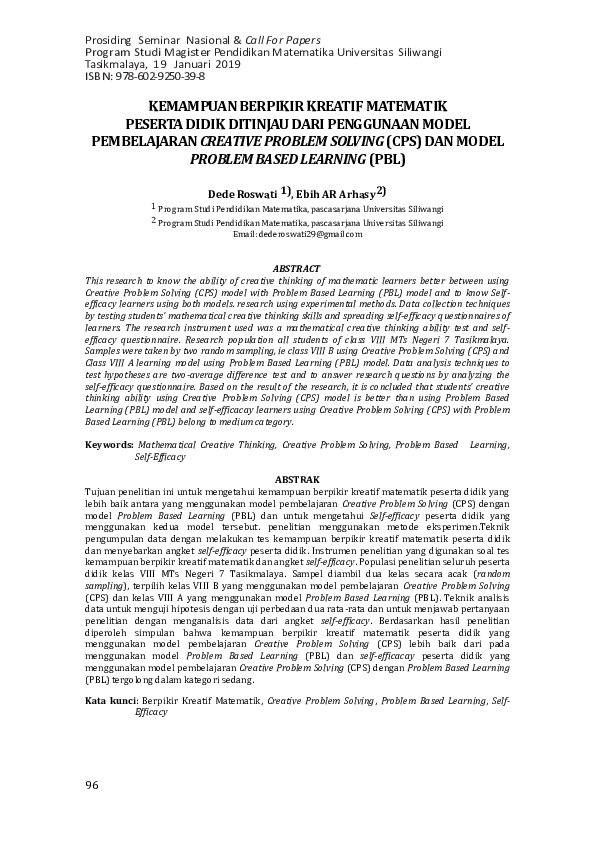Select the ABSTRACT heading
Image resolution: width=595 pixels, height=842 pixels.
click(297, 269)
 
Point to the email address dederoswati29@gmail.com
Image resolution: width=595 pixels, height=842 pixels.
click(297, 234)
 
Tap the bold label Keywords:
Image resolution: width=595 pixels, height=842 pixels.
click(109, 443)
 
